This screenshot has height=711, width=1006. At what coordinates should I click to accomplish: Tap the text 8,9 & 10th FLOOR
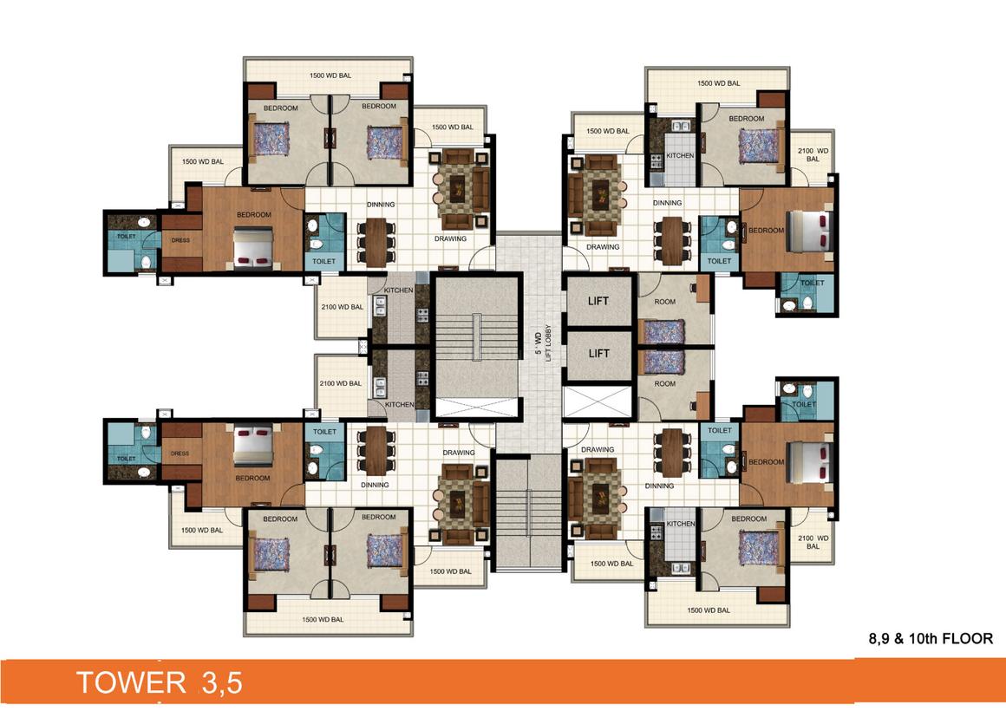[930, 638]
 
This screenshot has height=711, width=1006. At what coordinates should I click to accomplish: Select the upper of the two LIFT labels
[598, 302]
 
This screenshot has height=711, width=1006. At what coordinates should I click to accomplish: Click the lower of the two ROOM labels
[664, 383]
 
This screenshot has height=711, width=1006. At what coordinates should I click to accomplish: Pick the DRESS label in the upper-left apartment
[180, 240]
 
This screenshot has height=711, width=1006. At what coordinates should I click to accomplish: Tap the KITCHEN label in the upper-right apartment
[680, 156]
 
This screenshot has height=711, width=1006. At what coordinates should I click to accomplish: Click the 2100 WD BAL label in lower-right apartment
[813, 542]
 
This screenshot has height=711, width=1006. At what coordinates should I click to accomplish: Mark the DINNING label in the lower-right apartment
[659, 486]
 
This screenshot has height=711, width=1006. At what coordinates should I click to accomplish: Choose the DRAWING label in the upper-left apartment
[450, 238]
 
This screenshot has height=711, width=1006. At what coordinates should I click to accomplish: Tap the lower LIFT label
[598, 353]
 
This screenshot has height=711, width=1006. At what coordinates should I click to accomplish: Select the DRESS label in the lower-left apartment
[180, 453]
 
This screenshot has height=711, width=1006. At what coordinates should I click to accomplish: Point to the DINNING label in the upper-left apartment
[380, 205]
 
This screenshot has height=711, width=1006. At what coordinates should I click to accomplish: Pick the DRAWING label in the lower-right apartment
[598, 450]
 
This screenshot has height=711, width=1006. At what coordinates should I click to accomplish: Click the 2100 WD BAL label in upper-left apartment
[341, 307]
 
